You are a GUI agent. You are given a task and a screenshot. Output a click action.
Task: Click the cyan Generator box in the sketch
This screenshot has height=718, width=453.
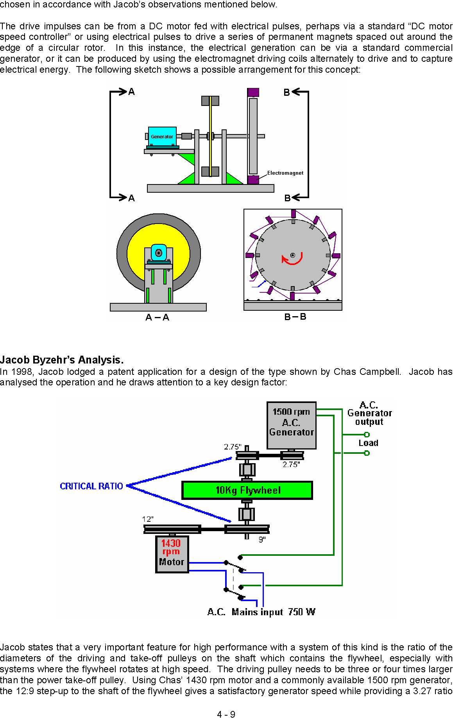click(162, 136)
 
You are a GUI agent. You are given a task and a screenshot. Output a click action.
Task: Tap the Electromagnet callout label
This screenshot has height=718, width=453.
click(285, 173)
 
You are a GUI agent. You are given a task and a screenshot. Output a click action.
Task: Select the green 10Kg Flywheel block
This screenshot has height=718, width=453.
click(247, 490)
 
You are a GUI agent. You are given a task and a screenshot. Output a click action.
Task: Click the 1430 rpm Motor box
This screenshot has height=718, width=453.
click(172, 554)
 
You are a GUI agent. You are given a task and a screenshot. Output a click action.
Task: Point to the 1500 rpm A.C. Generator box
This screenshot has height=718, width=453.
click(292, 425)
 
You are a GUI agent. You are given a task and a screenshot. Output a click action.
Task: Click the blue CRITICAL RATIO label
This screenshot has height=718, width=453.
click(91, 486)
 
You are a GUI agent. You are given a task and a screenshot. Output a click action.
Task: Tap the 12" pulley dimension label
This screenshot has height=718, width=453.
click(148, 519)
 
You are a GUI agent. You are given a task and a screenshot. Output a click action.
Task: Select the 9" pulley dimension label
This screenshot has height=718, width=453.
click(262, 539)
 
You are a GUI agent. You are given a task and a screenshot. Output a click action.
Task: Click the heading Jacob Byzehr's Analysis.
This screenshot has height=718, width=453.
click(62, 360)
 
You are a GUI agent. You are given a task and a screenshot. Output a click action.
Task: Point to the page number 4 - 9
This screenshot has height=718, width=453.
click(226, 714)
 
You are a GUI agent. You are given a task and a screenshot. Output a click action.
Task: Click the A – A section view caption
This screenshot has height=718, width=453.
click(157, 317)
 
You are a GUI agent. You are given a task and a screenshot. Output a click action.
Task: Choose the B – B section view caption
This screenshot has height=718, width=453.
click(295, 317)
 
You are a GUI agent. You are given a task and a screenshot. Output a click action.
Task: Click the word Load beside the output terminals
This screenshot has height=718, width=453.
click(369, 443)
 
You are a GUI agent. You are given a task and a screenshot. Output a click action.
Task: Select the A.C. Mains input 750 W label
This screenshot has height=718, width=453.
click(261, 612)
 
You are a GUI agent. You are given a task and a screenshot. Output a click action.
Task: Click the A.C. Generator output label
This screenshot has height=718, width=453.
click(369, 414)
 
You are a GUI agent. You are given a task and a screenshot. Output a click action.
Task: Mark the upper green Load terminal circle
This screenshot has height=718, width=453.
click(367, 435)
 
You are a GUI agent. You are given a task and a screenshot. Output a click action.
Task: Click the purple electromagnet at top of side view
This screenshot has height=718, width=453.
click(253, 93)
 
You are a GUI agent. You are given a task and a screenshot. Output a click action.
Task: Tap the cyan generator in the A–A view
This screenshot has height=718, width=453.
click(159, 253)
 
